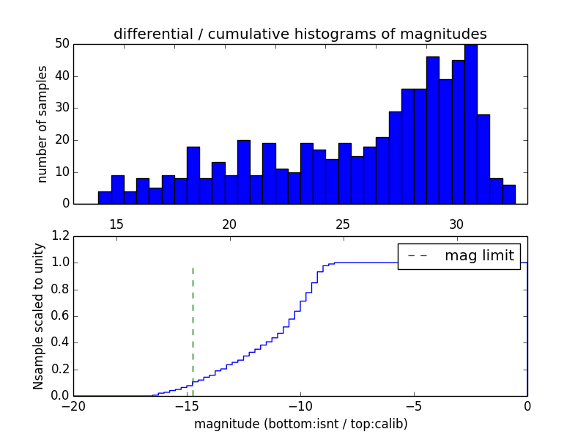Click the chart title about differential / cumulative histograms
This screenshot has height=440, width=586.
pyautogui.click(x=300, y=34)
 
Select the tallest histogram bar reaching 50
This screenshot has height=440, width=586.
pyautogui.click(x=471, y=125)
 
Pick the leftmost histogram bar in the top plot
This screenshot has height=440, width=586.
pyautogui.click(x=105, y=197)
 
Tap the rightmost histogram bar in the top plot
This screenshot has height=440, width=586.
pyautogui.click(x=509, y=194)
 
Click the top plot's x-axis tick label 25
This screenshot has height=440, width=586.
pyautogui.click(x=343, y=224)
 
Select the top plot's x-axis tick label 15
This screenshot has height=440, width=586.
pyautogui.click(x=116, y=224)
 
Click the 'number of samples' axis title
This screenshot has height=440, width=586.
pyautogui.click(x=42, y=123)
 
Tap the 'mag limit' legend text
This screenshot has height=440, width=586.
pyautogui.click(x=479, y=255)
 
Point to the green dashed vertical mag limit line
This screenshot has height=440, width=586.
pyautogui.click(x=193, y=323)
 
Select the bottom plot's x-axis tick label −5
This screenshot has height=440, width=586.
pyautogui.click(x=414, y=406)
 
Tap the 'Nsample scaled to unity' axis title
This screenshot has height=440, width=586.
pyautogui.click(x=39, y=316)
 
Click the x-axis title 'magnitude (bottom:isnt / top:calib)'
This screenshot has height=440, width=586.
pyautogui.click(x=300, y=424)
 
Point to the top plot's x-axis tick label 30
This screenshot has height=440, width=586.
pyautogui.click(x=456, y=224)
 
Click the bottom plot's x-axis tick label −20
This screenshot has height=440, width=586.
pyautogui.click(x=73, y=406)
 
